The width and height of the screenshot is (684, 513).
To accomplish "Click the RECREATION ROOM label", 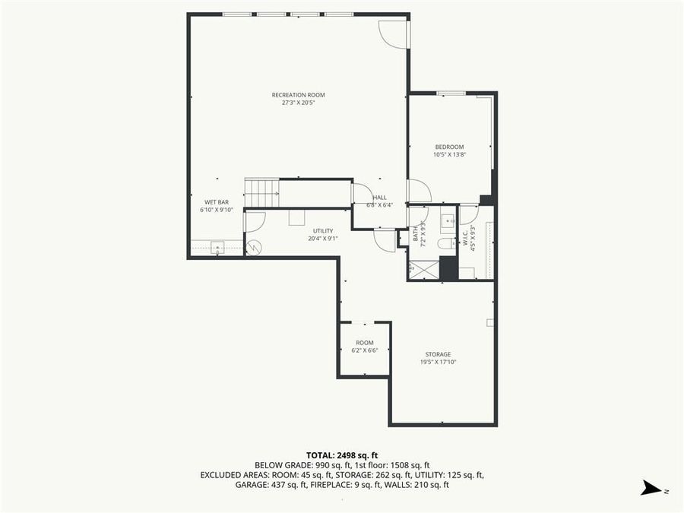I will tap(298, 95).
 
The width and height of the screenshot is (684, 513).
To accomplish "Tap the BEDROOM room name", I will tap(449, 147).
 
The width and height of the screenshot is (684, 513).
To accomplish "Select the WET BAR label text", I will tap(216, 202).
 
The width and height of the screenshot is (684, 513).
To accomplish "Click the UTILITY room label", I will tap(323, 230).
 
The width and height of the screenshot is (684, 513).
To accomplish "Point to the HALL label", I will tap(379, 198).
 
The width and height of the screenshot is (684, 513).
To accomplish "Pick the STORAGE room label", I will tap(438, 354).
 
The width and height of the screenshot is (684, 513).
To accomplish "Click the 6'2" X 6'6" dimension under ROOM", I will tap(365, 350).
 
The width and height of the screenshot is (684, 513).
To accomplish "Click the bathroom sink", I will tap(447, 221).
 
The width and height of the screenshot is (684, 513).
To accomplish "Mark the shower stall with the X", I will tap(423, 269).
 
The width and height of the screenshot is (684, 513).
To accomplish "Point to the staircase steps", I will tap(261, 193).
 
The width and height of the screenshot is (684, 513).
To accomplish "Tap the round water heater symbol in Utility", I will tap(253, 248).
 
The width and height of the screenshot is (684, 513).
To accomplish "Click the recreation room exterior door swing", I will tap(394, 34).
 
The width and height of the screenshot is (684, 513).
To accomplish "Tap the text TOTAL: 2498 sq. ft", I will tap(341, 454).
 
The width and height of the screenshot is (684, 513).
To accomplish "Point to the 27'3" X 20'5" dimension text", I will tap(298, 103).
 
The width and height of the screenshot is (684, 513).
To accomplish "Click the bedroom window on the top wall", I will tap(451, 93).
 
